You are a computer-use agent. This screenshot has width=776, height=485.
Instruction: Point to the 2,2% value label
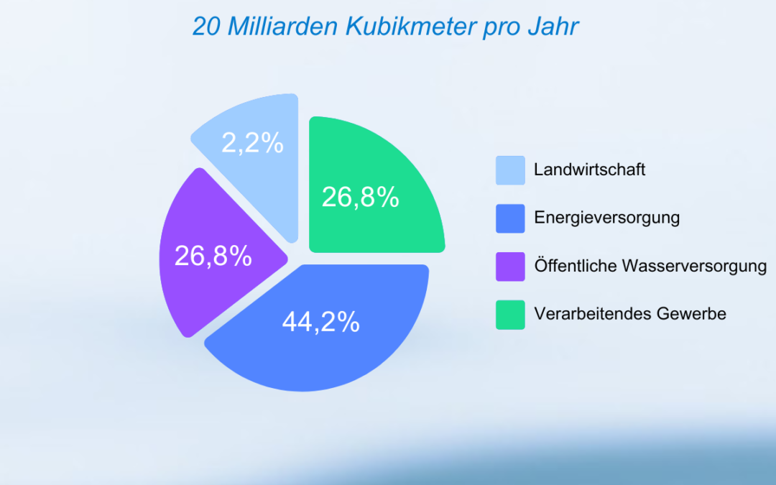[252, 144]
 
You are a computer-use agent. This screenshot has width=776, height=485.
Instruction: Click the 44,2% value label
[320, 323]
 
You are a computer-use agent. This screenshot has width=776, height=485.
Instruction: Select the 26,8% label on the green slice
[360, 198]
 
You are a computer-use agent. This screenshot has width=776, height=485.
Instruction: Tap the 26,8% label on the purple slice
[213, 256]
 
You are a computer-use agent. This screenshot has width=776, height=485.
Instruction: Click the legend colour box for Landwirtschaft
[510, 170]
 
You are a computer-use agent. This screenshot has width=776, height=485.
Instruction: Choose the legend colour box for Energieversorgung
[510, 218]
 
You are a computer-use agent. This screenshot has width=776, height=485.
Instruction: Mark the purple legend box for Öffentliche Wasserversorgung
[510, 267]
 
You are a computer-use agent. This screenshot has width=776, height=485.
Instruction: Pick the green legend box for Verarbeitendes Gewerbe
[510, 315]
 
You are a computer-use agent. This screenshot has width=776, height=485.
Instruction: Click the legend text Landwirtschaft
[590, 170]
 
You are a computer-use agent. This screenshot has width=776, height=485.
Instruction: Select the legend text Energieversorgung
[607, 218]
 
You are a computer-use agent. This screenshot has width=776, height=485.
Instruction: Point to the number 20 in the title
[207, 27]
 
